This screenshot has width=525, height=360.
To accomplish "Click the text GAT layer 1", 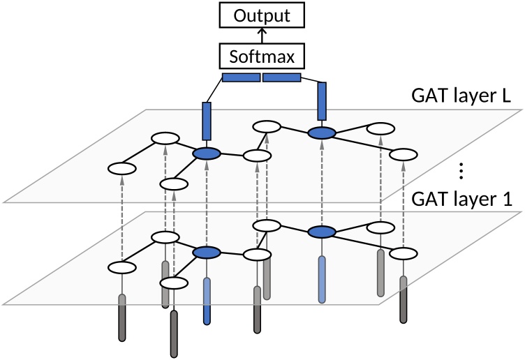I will (x=462, y=199).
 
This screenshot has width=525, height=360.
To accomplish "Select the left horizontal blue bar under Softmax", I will (x=240, y=77).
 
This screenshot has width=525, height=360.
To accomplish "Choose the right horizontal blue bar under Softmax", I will (x=282, y=77).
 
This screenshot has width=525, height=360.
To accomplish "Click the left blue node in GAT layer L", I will (x=207, y=154).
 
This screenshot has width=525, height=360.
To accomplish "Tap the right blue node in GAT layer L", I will (x=322, y=132).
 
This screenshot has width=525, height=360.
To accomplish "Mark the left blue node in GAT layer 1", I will (x=207, y=254).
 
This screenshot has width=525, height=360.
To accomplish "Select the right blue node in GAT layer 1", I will (x=322, y=232).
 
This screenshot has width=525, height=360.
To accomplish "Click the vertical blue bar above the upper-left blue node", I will (x=207, y=121).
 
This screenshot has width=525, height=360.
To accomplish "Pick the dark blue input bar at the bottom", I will (x=207, y=301).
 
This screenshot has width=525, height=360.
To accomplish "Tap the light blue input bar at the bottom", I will (x=322, y=279).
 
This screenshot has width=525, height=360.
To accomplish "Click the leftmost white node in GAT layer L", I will (x=122, y=168).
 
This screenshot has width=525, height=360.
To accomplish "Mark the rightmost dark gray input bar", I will (x=404, y=299).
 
